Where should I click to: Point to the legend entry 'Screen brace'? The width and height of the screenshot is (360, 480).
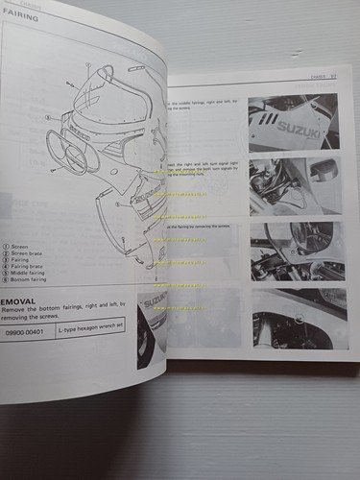pos(29,252)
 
